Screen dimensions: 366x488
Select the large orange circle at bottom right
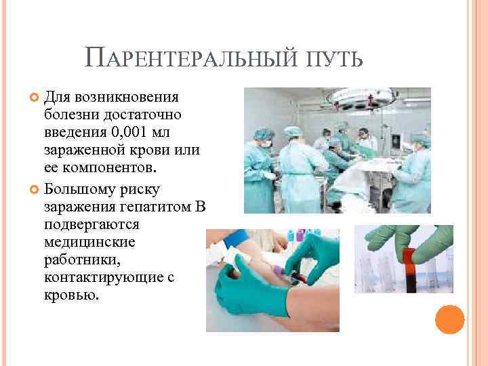coord(449,320)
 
